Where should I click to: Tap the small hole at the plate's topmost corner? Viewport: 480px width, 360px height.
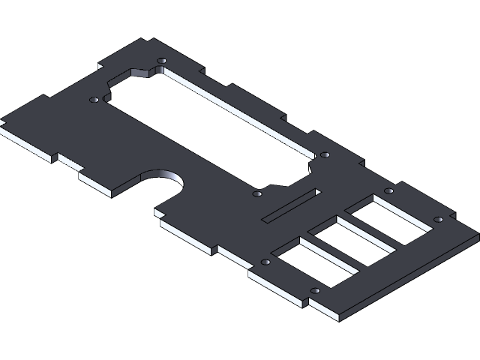[x=161, y=60]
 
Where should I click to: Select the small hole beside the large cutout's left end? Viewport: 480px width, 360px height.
[x=94, y=99]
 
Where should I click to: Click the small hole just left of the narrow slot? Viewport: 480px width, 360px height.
[x=257, y=193]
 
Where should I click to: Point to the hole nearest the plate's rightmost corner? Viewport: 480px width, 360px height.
[x=438, y=220]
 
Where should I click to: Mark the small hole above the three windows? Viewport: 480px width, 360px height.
[x=388, y=190]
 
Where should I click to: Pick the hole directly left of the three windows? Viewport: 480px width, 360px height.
[x=265, y=262]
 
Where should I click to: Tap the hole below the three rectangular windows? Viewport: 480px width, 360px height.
[x=315, y=290]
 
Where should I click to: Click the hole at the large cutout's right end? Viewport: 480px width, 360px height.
[x=325, y=154]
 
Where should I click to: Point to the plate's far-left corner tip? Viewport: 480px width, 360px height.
[x=2, y=120]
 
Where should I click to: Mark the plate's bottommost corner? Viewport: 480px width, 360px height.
[x=341, y=319]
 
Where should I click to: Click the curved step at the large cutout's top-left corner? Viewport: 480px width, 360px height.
[x=139, y=73]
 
